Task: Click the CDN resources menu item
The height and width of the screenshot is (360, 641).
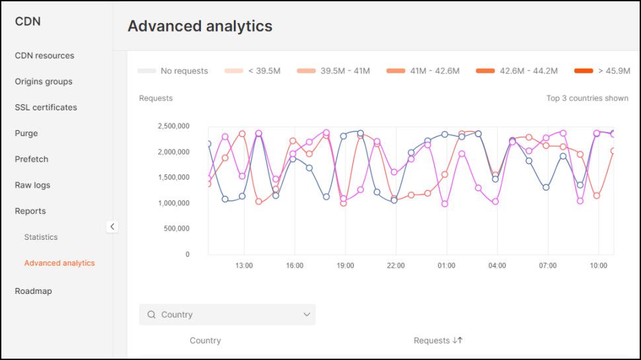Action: tap(44, 55)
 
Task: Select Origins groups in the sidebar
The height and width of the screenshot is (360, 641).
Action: tap(44, 81)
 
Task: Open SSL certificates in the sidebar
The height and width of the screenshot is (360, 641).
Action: tap(46, 107)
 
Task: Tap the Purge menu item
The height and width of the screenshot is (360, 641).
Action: tap(26, 133)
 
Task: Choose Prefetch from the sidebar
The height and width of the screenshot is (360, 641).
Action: tap(32, 159)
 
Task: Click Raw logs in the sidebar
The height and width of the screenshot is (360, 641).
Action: tap(32, 185)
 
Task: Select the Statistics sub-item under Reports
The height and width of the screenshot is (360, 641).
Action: tap(41, 236)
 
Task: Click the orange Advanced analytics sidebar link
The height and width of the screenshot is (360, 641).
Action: tap(59, 263)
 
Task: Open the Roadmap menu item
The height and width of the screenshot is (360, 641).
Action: tap(33, 291)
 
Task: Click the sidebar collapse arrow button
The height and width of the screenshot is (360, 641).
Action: tap(112, 227)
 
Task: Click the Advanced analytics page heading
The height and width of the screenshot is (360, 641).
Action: tap(200, 26)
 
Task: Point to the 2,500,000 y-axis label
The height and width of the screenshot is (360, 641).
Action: tap(174, 126)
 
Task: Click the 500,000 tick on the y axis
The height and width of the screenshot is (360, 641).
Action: tap(176, 229)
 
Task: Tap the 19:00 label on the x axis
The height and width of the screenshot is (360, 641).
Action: tap(345, 266)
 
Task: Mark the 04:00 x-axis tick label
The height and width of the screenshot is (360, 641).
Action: tap(497, 266)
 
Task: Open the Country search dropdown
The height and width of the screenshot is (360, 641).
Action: tap(227, 314)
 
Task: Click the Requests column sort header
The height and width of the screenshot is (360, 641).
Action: tap(438, 340)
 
